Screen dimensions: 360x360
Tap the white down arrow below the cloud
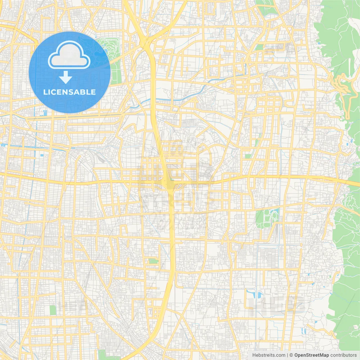pyautogui.click(x=66, y=77)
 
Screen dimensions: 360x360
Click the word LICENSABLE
pyautogui.click(x=69, y=92)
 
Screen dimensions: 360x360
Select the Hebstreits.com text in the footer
pyautogui.click(x=269, y=355)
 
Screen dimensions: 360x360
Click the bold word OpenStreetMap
pyautogui.click(x=311, y=355)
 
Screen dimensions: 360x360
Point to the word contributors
pyautogui.click(x=343, y=355)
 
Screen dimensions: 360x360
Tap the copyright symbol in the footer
pyautogui.click(x=291, y=355)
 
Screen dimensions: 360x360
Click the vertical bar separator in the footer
pyautogui.click(x=287, y=355)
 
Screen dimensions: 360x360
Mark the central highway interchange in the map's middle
pyautogui.click(x=168, y=184)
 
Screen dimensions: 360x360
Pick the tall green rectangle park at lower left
pyautogui.click(x=53, y=310)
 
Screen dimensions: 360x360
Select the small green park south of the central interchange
pyautogui.click(x=153, y=261)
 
